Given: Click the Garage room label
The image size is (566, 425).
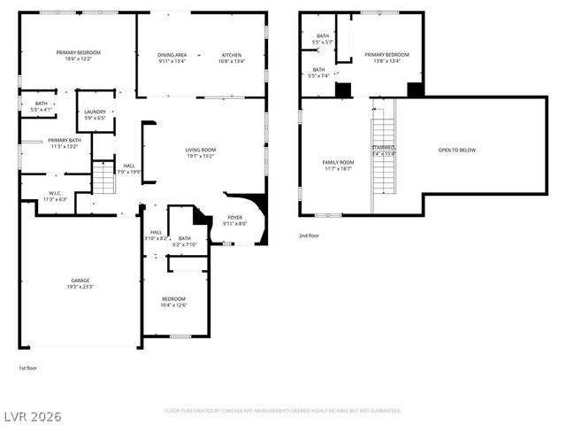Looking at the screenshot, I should pos(80,280).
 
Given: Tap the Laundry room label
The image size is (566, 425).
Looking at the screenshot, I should pos(95,112).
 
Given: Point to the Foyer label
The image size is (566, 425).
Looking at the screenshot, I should pos(234,217).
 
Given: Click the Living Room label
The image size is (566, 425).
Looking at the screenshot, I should pos(200,150).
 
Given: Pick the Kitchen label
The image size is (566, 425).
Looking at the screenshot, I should pos(232,55).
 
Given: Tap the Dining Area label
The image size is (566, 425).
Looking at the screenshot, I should pos(172,55).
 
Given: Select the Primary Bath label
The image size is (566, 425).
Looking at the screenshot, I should pos(65,140).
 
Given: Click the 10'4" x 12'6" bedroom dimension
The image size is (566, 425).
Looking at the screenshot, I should pos(173,305).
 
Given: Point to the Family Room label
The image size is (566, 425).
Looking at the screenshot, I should pos(338,162).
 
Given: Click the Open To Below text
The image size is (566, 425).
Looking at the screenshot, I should pos(456,150).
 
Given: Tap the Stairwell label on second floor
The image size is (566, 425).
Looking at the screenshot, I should pos(383,148).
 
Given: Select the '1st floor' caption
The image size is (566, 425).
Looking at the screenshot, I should pos(28,367).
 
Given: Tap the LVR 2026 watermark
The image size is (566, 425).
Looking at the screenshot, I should pos(32,415).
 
